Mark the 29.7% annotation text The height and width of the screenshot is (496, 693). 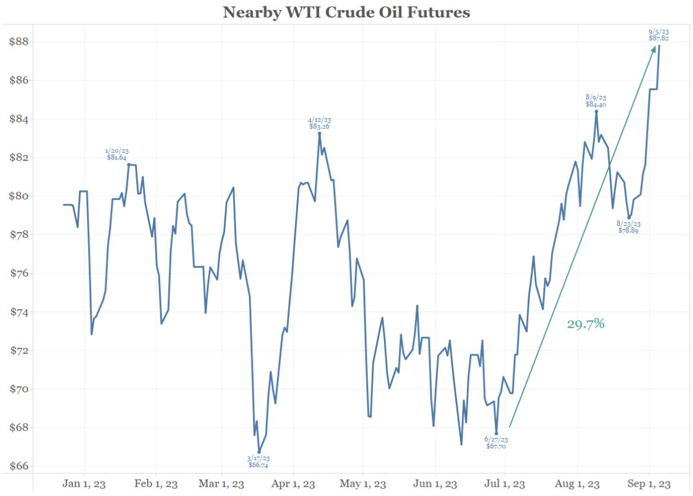tap(586, 324)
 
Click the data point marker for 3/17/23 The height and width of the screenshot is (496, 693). tap(259, 452)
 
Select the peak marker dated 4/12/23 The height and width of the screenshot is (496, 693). tap(320, 133)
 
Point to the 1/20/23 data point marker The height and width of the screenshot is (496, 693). tap(129, 164)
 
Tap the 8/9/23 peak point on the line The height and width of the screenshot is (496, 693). tap(596, 111)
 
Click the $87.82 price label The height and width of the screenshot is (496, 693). tap(659, 38)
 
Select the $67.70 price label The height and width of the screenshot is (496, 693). tap(496, 447)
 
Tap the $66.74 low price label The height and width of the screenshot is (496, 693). tap(259, 465)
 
